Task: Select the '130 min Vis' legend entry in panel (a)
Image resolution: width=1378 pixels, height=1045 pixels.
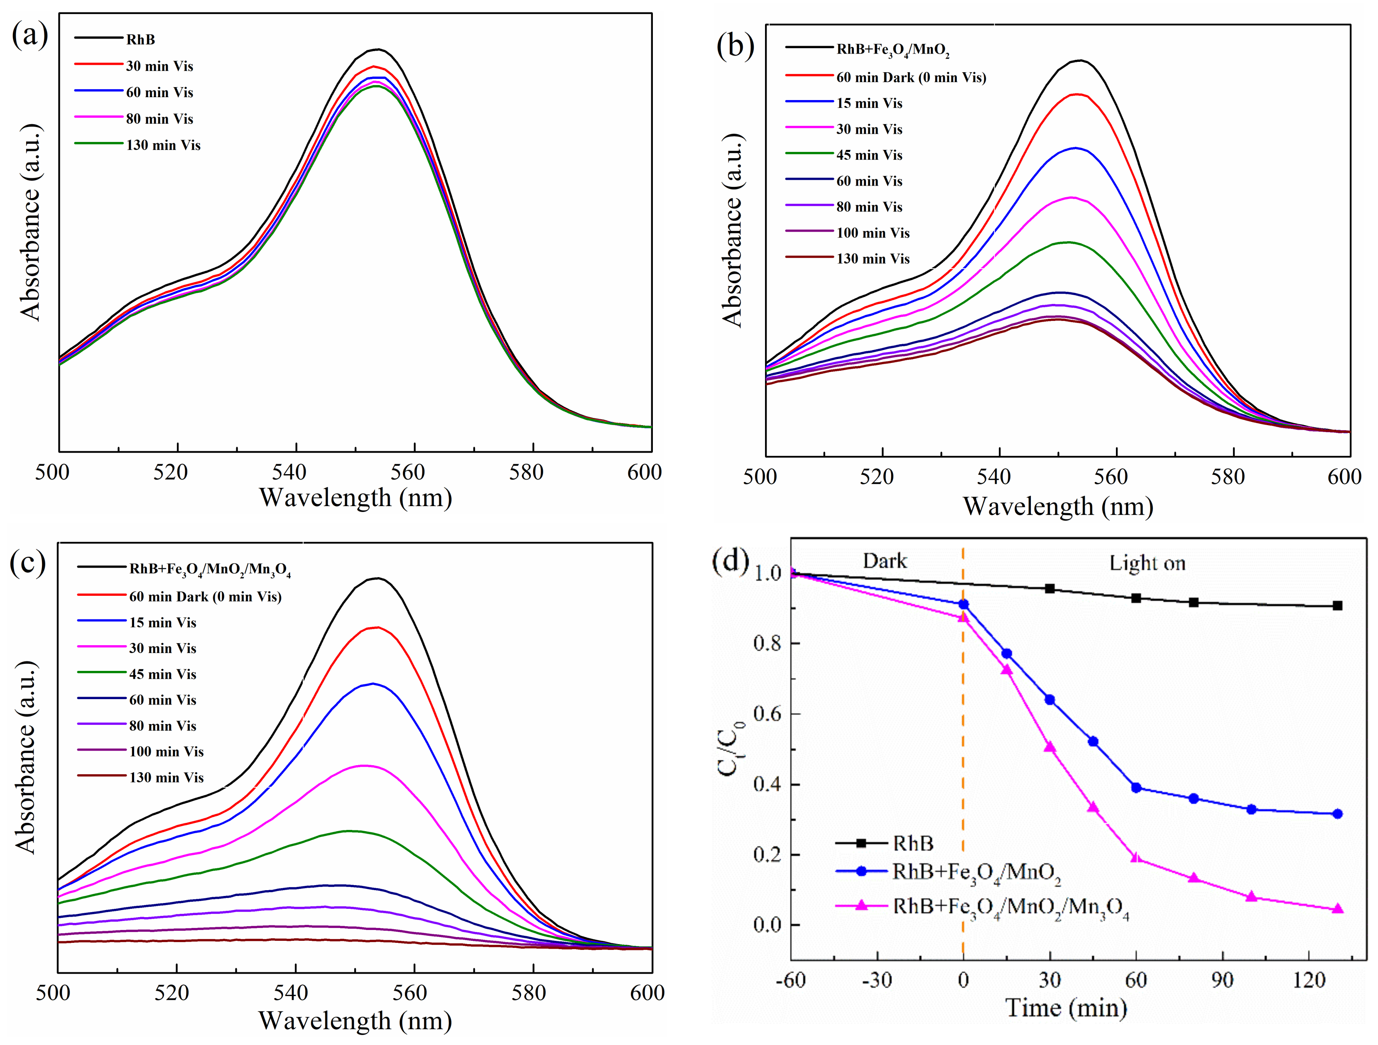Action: click(x=163, y=145)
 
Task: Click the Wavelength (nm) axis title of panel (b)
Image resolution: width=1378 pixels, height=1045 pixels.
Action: click(x=1058, y=507)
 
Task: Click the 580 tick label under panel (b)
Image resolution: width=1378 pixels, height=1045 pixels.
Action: click(x=1227, y=477)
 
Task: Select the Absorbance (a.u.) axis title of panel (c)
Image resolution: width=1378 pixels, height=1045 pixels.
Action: click(x=27, y=756)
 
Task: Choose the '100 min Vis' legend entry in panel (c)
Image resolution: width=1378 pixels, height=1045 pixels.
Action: click(x=166, y=751)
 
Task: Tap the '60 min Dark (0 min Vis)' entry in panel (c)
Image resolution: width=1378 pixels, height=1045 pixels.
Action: click(x=205, y=597)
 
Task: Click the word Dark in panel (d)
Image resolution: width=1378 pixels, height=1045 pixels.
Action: click(x=885, y=561)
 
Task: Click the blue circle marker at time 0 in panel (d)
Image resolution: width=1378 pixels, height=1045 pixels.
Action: click(x=963, y=604)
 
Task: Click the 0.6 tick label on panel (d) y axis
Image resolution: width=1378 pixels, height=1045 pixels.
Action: click(x=768, y=714)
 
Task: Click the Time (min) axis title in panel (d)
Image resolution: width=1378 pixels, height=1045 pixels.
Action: click(x=1066, y=1008)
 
